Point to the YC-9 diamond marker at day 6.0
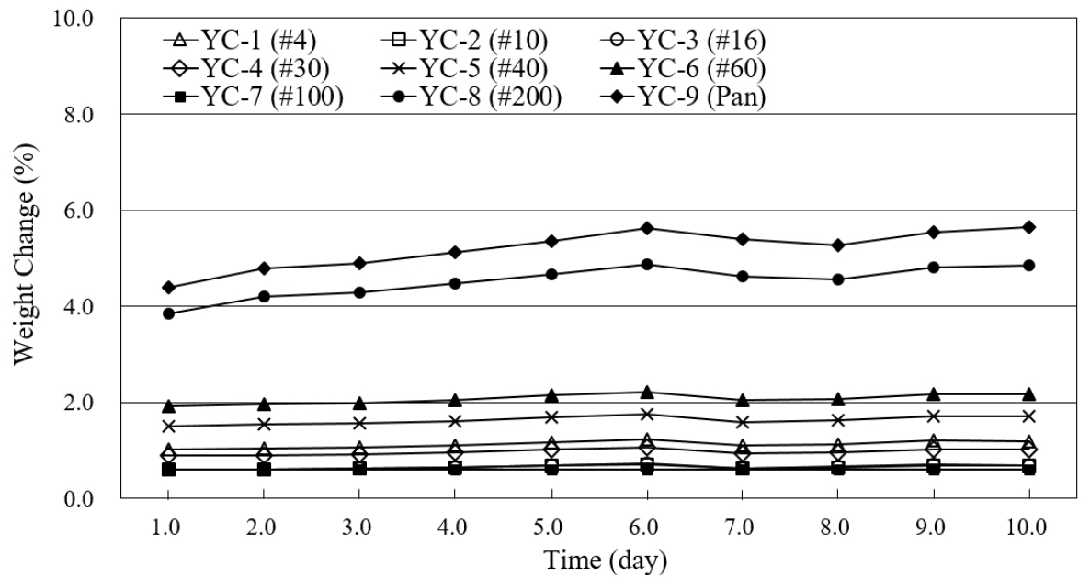pyautogui.click(x=647, y=228)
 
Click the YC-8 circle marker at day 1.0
pyautogui.click(x=168, y=313)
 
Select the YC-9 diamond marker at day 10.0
pyautogui.click(x=1028, y=227)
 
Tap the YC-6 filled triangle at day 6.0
pyautogui.click(x=647, y=393)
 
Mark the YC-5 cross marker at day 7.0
pyautogui.click(x=743, y=422)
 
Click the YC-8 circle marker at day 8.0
pyautogui.click(x=838, y=279)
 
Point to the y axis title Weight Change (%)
pyautogui.click(x=25, y=259)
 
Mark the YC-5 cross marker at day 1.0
pyautogui.click(x=168, y=427)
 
